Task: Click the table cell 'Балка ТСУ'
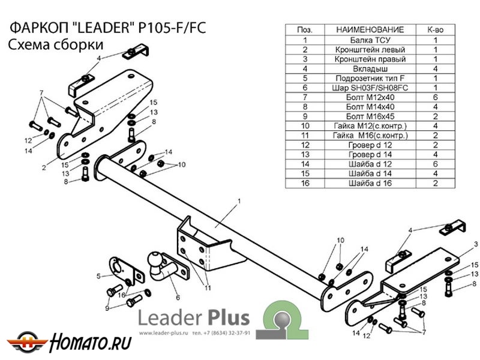(x=367, y=39)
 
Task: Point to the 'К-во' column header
(x=435, y=29)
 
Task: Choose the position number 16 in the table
(x=305, y=183)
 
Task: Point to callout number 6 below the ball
(x=178, y=296)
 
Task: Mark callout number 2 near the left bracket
(x=44, y=167)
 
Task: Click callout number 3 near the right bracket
(x=475, y=244)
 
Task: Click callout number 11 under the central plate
(x=206, y=288)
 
